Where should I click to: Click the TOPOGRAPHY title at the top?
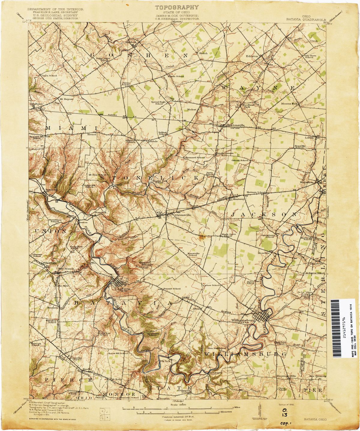coord(176,7)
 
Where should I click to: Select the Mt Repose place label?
coord(66,99)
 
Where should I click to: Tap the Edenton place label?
coord(252,56)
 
